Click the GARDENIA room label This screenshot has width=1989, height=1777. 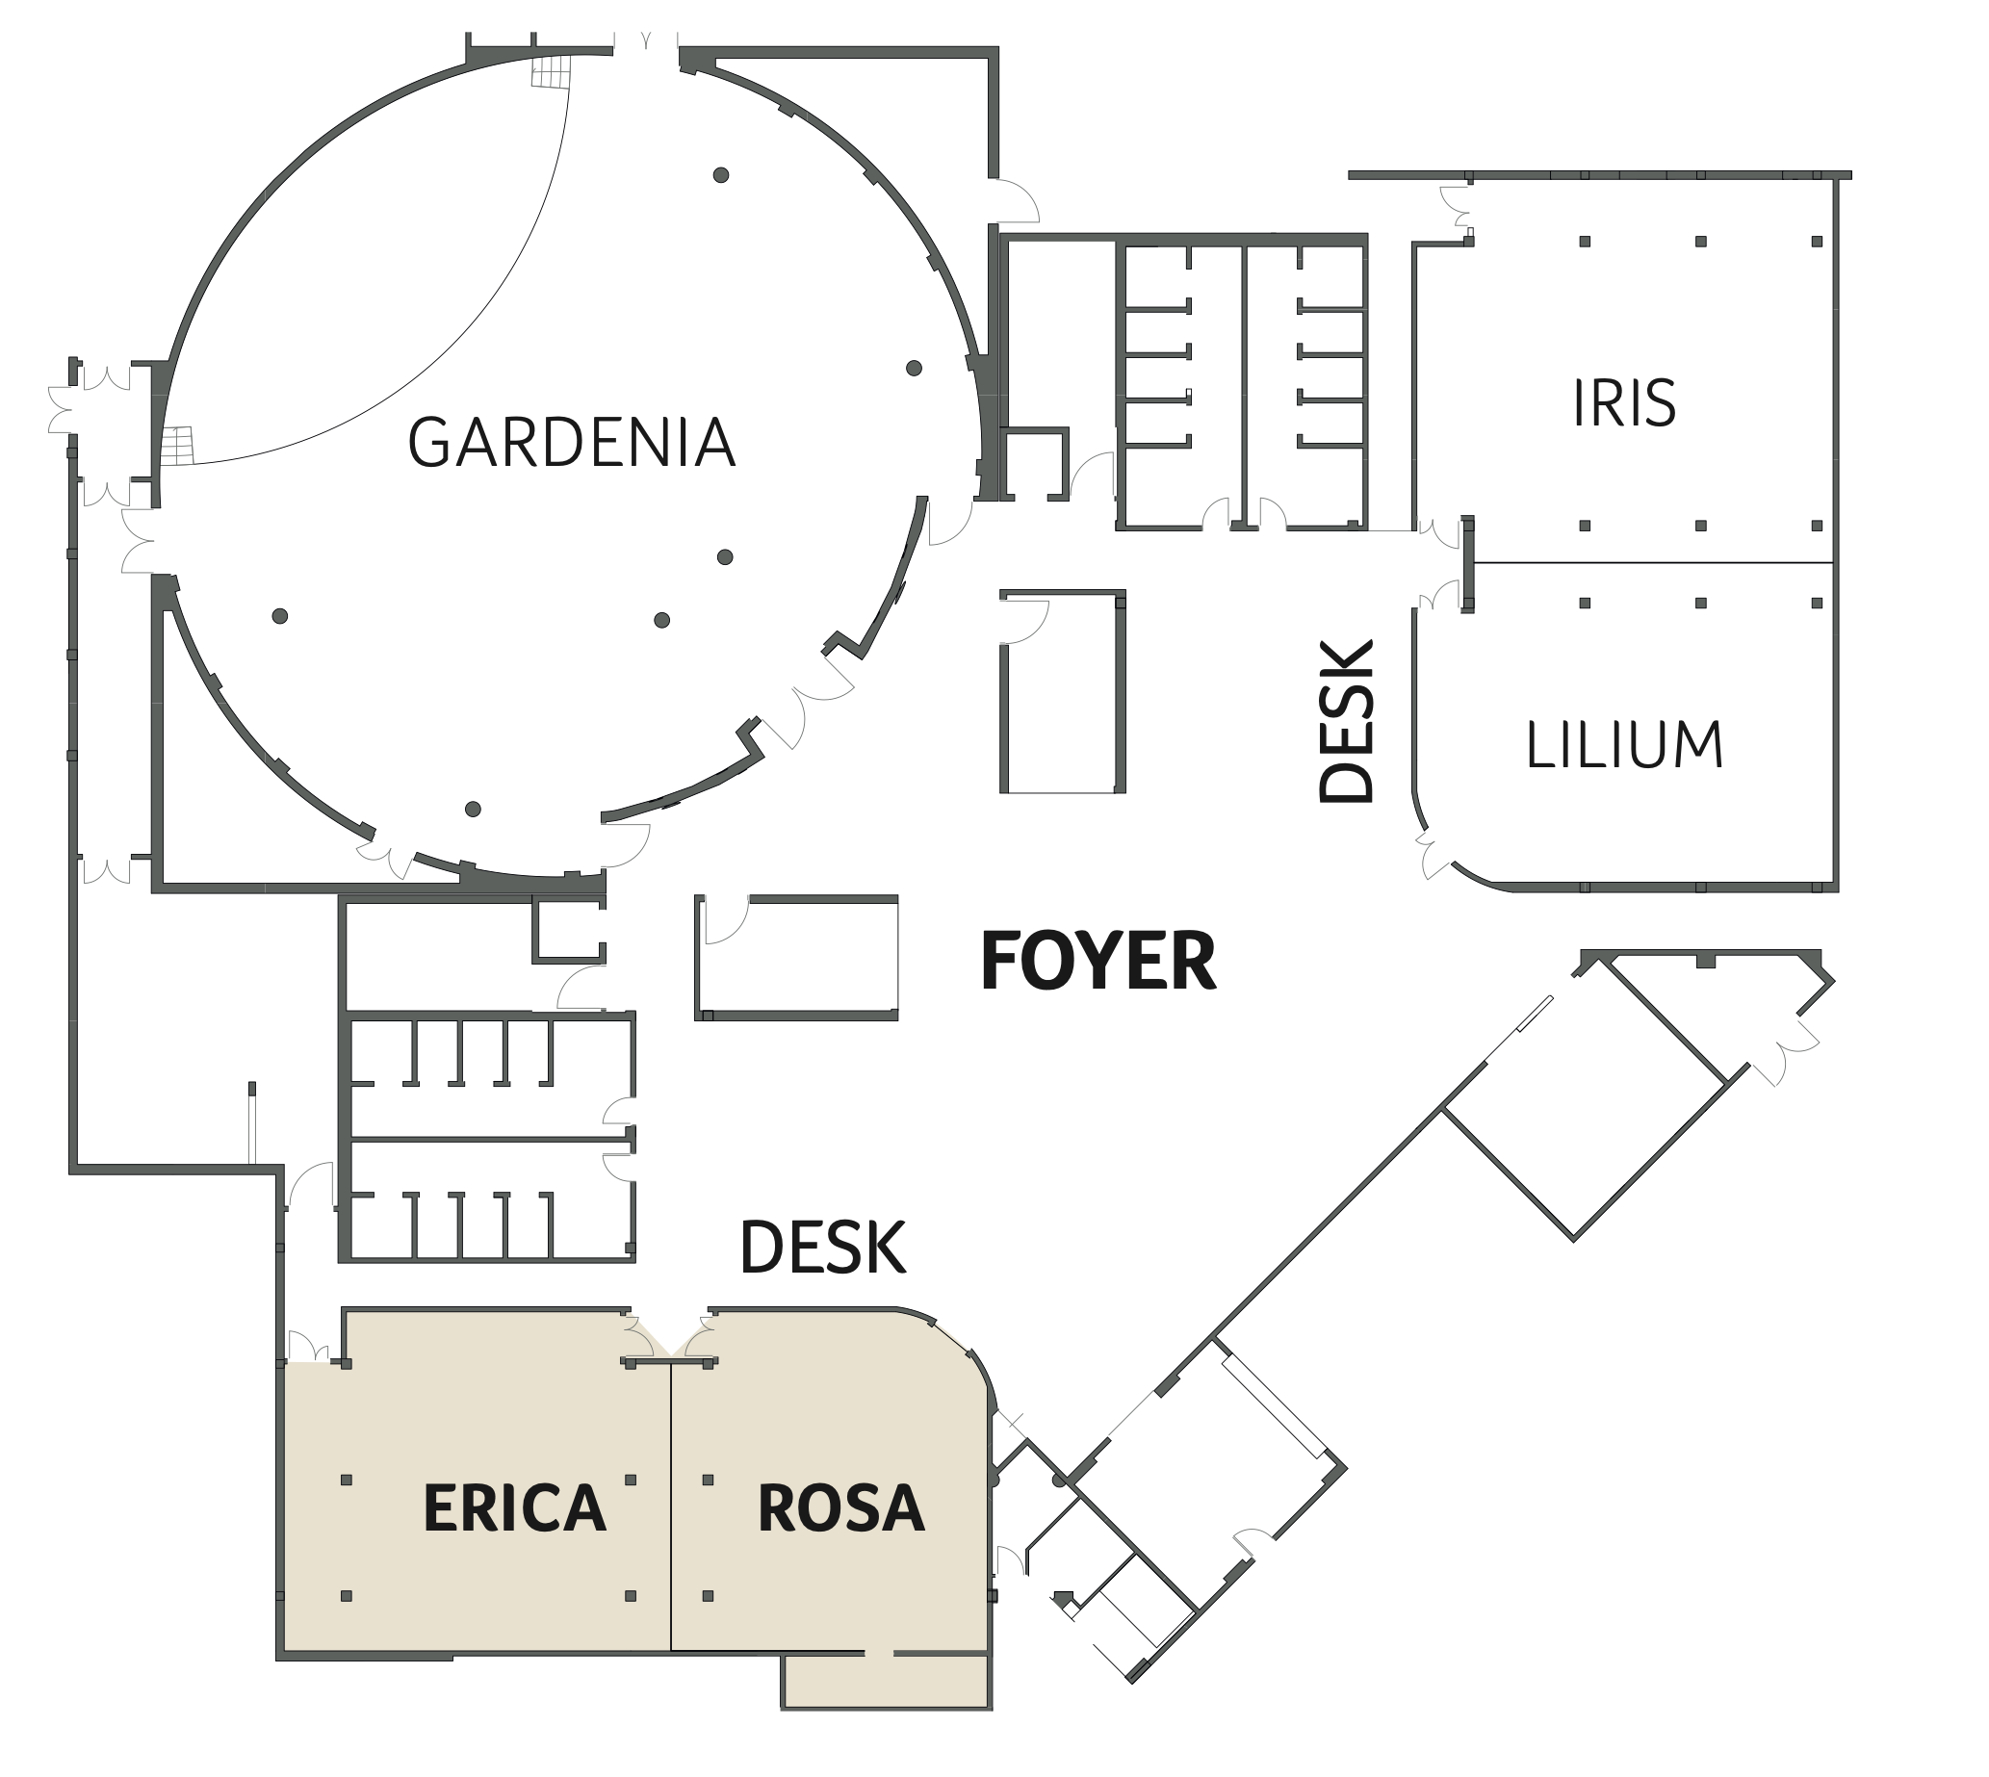click(x=571, y=442)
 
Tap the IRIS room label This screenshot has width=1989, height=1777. click(x=1625, y=402)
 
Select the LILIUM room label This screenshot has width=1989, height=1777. click(x=1625, y=745)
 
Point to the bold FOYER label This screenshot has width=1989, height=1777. click(x=1098, y=961)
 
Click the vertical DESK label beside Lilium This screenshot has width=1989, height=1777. click(x=1347, y=722)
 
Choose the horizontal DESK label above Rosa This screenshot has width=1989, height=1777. click(x=823, y=1248)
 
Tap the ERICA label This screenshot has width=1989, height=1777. click(x=515, y=1507)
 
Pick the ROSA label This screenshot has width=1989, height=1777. click(x=840, y=1507)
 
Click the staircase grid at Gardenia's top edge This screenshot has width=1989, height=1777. click(x=550, y=70)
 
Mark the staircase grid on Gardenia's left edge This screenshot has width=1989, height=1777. click(x=178, y=447)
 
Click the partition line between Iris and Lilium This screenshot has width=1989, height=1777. click(x=1652, y=563)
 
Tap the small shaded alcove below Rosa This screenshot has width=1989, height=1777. click(x=887, y=1681)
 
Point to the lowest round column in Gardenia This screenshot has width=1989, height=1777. click(x=473, y=810)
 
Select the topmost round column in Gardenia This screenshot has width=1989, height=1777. click(x=721, y=176)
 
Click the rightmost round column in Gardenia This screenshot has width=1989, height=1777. click(x=914, y=368)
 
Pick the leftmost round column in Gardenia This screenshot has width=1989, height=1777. click(x=280, y=616)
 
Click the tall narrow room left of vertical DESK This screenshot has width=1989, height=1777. click(x=1062, y=691)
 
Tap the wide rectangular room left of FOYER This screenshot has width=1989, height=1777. click(x=797, y=958)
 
